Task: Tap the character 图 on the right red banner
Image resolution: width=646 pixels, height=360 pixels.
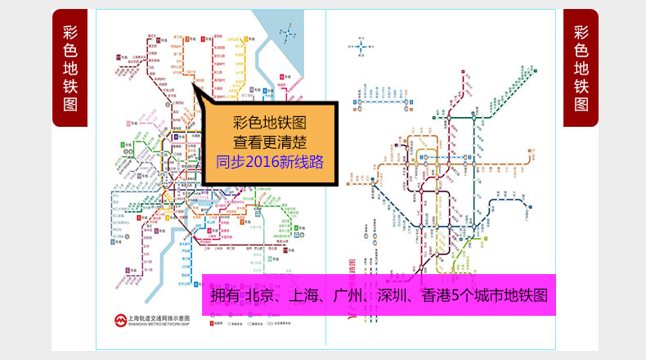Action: point(581,105)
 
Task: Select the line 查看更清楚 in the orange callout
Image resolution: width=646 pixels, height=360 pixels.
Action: point(270,142)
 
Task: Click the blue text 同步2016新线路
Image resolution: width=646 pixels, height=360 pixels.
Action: point(270,161)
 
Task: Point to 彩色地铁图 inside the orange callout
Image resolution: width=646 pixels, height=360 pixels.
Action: point(270,123)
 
